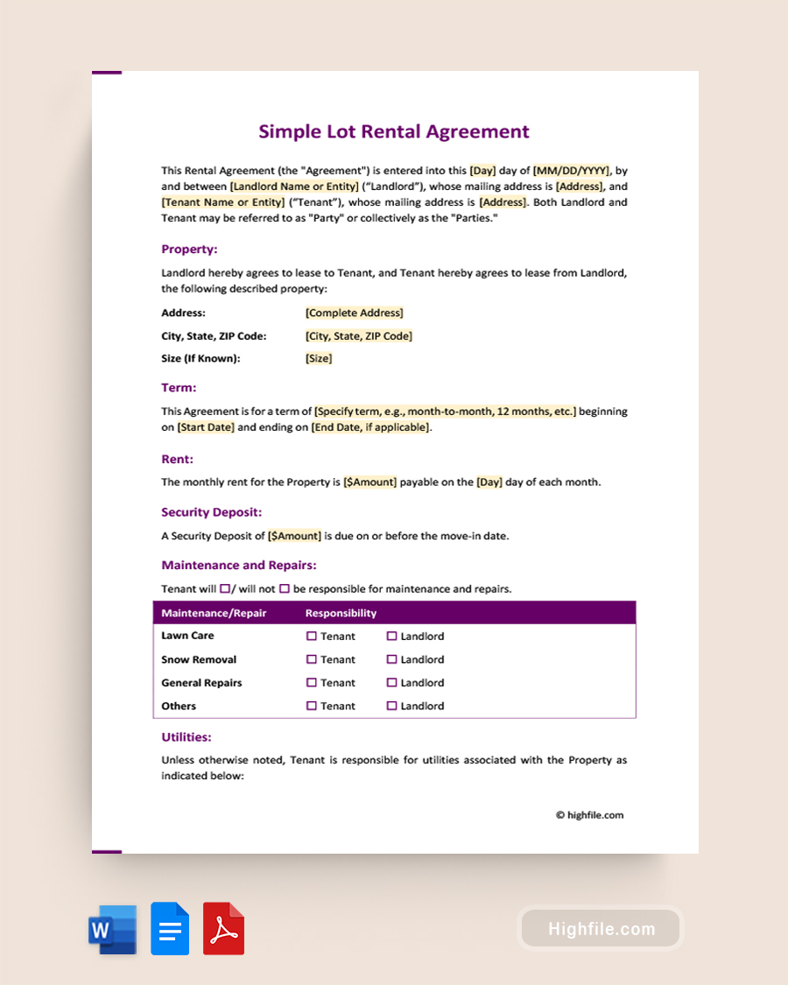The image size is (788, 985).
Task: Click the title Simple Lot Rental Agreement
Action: coord(393,131)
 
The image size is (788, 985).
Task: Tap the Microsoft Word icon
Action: coord(112,929)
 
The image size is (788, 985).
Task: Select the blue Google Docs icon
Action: coord(170,929)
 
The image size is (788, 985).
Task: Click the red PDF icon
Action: coord(223,929)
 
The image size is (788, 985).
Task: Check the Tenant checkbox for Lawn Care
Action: coord(312,637)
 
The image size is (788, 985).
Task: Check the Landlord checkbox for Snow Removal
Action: coord(392,659)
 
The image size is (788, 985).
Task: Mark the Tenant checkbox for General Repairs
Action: coord(312,683)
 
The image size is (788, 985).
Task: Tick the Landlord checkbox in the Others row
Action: coord(392,706)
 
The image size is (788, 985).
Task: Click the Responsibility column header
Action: coord(341,613)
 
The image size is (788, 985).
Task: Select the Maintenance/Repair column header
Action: coord(214,613)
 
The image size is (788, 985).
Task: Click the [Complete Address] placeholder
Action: coord(354,313)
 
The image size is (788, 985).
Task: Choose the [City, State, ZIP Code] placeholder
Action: coord(358,335)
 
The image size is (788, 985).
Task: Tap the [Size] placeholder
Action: coord(319,358)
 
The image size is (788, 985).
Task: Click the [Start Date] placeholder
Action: coord(206,427)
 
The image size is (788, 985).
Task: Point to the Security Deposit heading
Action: coord(211,512)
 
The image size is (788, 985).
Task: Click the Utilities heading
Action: coord(186,737)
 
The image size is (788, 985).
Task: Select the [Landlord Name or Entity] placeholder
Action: coord(294,186)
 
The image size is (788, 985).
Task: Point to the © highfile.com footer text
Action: coord(589,815)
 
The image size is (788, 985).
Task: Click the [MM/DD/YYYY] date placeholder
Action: coord(572,171)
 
